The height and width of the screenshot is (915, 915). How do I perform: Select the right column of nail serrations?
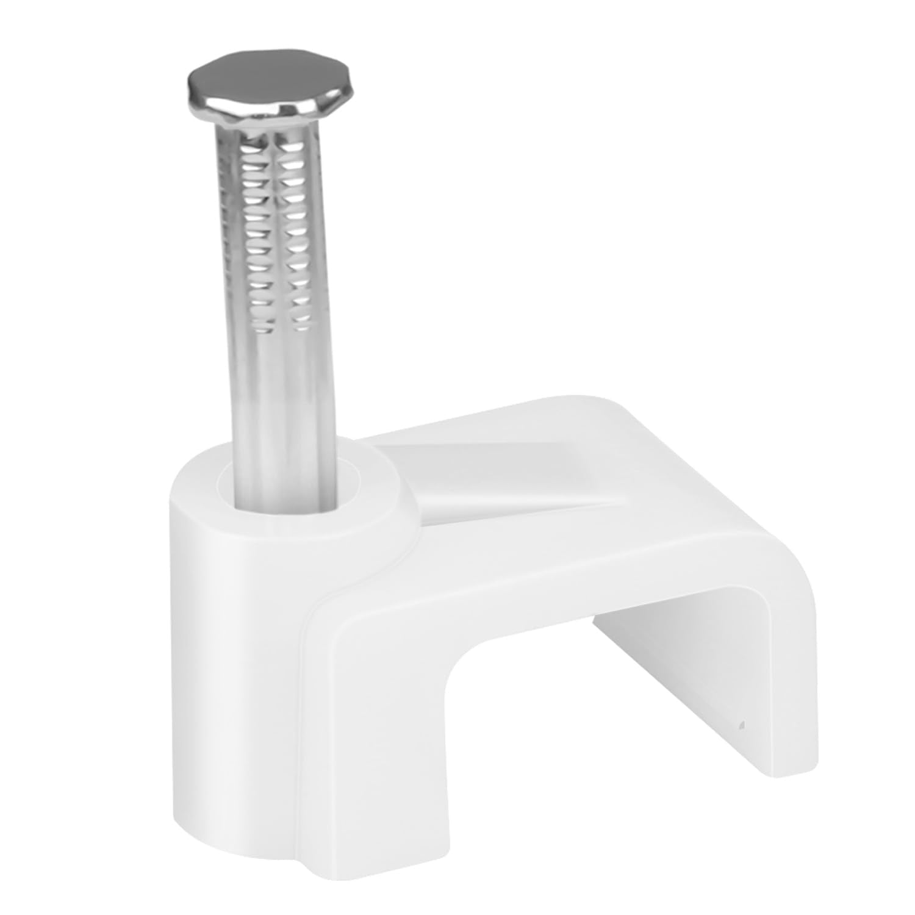296,244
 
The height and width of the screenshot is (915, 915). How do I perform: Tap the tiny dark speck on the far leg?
742,727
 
